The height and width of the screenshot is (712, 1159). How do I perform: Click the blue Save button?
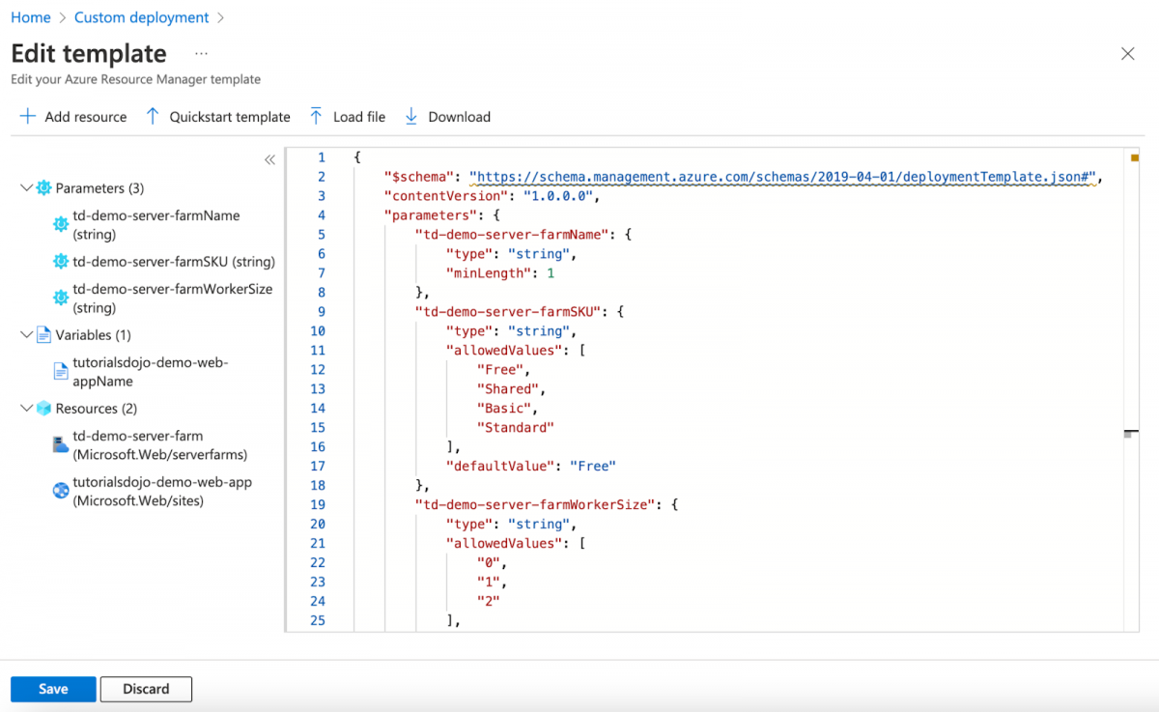tap(53, 689)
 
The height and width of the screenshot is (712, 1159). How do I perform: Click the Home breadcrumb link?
tap(31, 17)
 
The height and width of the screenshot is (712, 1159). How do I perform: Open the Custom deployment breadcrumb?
tap(141, 17)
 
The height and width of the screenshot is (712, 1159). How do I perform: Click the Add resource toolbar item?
tap(73, 117)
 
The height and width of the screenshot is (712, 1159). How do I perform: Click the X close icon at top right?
tap(1127, 54)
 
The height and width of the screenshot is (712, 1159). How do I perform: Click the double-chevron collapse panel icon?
tap(269, 160)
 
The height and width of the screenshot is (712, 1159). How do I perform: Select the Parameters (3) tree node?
tap(99, 188)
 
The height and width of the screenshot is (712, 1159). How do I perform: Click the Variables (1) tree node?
tap(93, 335)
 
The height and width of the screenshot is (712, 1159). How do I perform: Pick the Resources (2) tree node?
tap(96, 409)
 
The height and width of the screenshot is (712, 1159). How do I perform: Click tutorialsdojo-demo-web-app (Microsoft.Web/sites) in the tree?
tap(161, 491)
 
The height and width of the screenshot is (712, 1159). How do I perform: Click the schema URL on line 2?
tap(782, 177)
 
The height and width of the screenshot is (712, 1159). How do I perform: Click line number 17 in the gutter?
tap(318, 467)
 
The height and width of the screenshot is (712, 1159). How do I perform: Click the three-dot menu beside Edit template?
tap(201, 54)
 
